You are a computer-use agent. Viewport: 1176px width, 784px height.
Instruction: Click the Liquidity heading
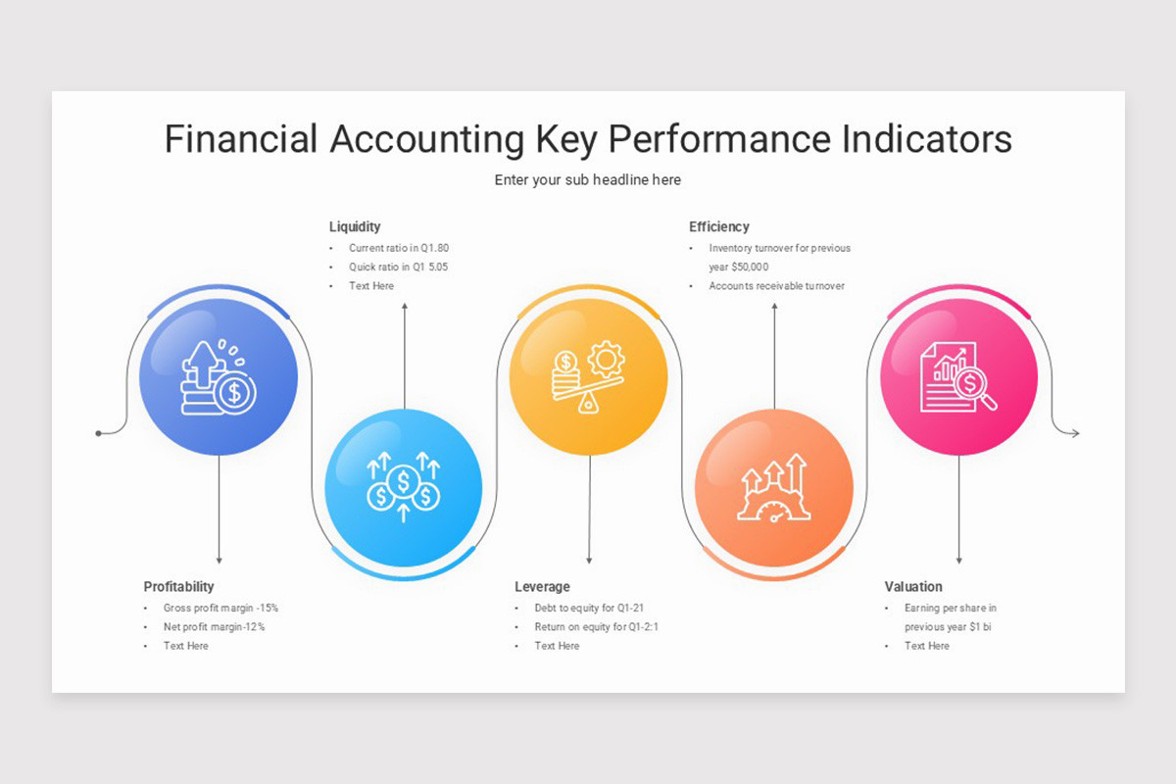pos(355,226)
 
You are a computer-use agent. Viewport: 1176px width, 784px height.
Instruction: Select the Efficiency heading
pos(719,226)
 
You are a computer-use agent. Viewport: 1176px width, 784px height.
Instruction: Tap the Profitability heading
pos(178,586)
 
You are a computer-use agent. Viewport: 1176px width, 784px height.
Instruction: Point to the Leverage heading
pos(542,586)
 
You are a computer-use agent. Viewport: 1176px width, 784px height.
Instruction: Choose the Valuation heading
pos(913,586)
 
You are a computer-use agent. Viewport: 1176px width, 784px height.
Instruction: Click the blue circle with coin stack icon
pos(219,378)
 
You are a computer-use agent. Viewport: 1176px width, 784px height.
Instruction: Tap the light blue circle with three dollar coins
pos(403,486)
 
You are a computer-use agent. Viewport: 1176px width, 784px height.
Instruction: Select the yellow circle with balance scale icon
pos(588,378)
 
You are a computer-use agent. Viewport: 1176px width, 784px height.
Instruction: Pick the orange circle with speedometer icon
pos(774,486)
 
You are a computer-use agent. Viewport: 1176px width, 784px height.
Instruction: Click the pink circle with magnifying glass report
pos(958,378)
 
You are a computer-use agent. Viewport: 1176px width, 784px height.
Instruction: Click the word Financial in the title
pos(241,139)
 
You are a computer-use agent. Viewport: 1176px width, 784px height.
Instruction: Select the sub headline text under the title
pos(587,180)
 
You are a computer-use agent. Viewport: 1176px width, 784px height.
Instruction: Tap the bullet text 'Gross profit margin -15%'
pos(220,608)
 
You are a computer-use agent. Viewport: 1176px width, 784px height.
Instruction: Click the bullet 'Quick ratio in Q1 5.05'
pos(398,267)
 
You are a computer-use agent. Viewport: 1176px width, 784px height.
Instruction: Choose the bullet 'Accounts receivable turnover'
pos(776,286)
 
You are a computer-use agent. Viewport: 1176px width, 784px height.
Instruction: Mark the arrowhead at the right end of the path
pos(1075,432)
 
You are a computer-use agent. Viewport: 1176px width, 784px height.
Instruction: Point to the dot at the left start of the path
pos(98,432)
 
